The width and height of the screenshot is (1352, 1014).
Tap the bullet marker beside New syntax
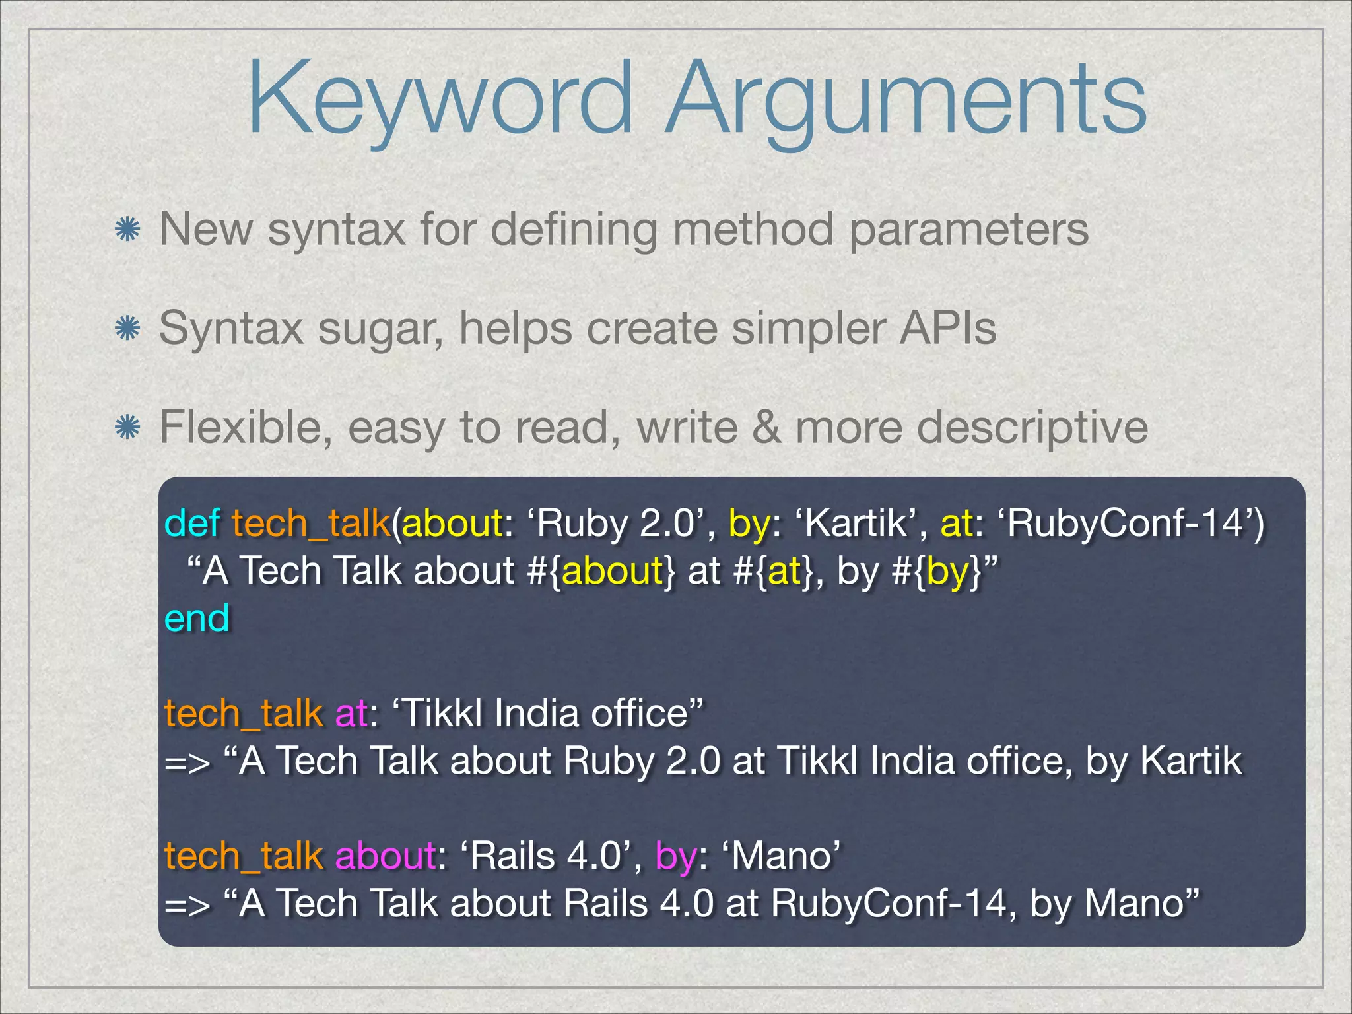[x=127, y=230]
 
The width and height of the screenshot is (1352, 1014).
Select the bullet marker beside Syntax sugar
[x=127, y=328]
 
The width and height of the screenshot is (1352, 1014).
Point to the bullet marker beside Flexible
[x=127, y=428]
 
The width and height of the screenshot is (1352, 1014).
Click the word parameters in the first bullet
[x=968, y=230]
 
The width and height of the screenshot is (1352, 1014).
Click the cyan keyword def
[x=191, y=524]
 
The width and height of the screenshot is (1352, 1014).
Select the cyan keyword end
[x=197, y=619]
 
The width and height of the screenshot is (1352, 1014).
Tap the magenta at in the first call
[x=351, y=714]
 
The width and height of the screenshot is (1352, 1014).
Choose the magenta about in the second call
[x=385, y=856]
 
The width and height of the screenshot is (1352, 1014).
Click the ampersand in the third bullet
[x=766, y=428]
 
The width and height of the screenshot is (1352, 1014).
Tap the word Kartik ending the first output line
[x=1191, y=761]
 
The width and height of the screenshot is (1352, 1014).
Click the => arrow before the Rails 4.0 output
[x=187, y=904]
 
